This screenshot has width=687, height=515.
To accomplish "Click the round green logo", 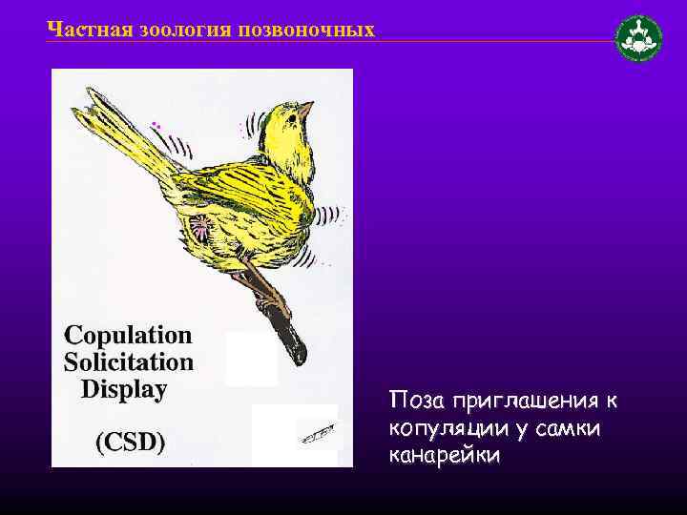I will pos(638,39).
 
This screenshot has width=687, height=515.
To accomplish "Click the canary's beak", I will pos(305,111).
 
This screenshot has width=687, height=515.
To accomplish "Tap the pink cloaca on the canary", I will pos(202,226).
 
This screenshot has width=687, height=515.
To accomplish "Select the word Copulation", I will pos(128,336).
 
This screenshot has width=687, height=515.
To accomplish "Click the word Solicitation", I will pos(129,362).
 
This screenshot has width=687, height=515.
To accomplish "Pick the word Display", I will pos(124,389).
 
